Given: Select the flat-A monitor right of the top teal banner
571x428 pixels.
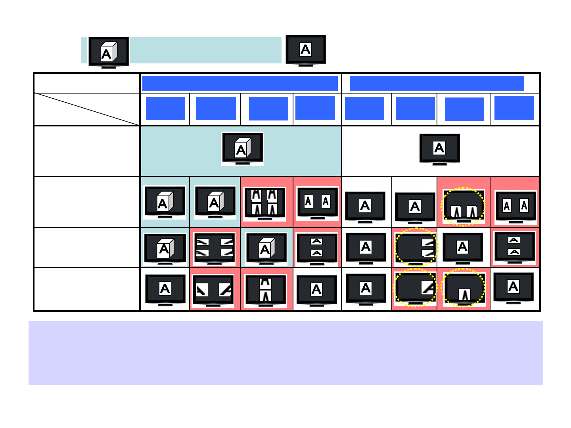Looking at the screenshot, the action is tap(306, 50).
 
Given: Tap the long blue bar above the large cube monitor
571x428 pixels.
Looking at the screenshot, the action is tap(240, 84).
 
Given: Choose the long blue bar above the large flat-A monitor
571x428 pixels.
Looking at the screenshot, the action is tap(437, 84).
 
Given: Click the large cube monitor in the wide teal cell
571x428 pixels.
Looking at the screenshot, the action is tap(242, 149).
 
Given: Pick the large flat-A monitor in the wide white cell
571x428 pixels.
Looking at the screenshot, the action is tap(439, 149).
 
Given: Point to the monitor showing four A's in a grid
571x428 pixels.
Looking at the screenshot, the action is tap(264, 203).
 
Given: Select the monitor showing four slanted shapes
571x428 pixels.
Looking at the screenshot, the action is tap(215, 248).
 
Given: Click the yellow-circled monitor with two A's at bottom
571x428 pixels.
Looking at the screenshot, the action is tap(463, 206).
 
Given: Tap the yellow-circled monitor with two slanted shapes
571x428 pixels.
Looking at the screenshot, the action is tap(416, 247).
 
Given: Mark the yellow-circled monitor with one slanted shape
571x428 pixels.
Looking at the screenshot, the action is tap(415, 287).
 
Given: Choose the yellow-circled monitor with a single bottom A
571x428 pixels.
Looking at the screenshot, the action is tap(464, 288).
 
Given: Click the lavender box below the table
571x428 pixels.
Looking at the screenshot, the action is tap(285, 353).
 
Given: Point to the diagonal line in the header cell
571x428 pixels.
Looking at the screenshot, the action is tap(87, 109).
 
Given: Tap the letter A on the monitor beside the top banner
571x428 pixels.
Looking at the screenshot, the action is tap(305, 50).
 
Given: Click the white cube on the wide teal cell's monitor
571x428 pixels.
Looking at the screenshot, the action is tap(242, 148).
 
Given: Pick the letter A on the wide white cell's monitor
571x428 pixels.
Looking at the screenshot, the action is tap(439, 148).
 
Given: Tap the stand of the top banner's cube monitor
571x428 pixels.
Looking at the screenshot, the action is tap(109, 67).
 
